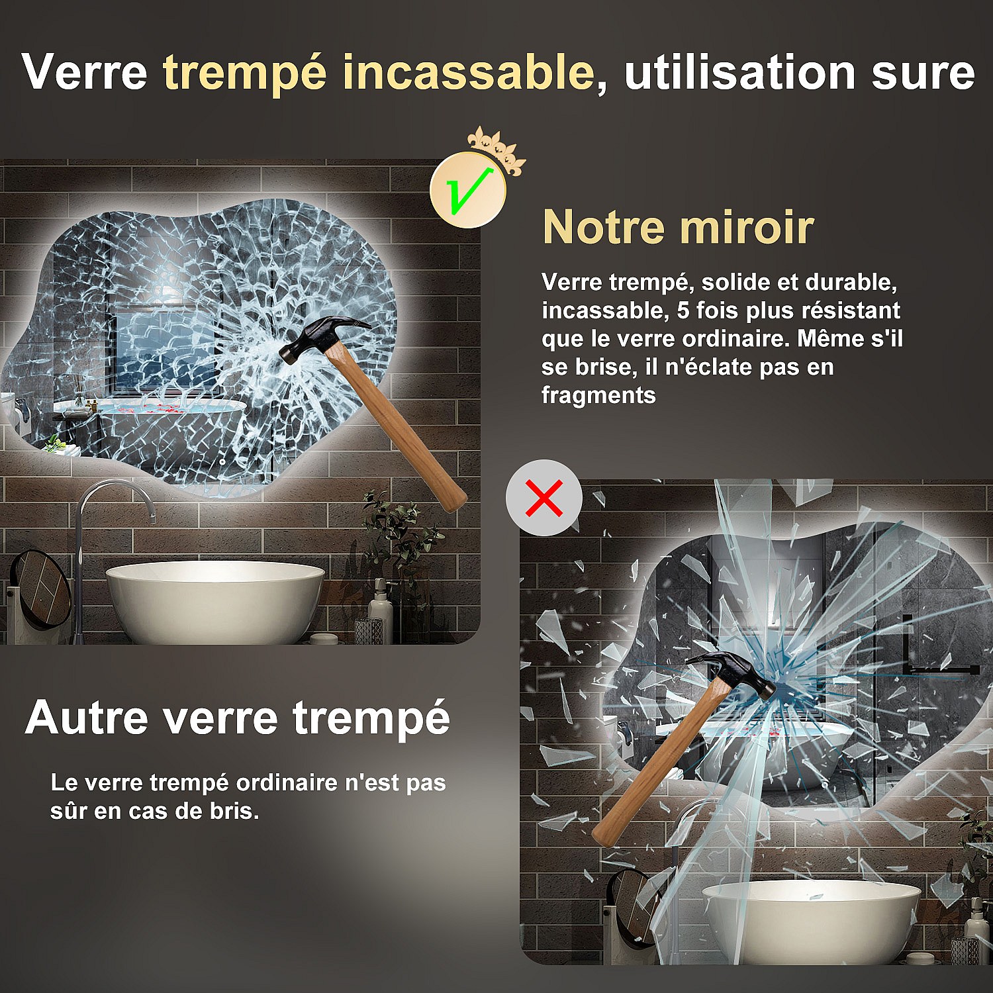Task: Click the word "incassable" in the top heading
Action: (x=469, y=72)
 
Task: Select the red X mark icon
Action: (x=544, y=498)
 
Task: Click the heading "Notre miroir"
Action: (x=678, y=227)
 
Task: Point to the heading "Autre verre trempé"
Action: (x=238, y=718)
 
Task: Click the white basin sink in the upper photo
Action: (x=215, y=602)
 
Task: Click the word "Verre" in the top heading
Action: (x=85, y=72)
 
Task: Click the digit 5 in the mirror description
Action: (x=683, y=310)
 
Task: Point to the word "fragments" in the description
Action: (x=598, y=396)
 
